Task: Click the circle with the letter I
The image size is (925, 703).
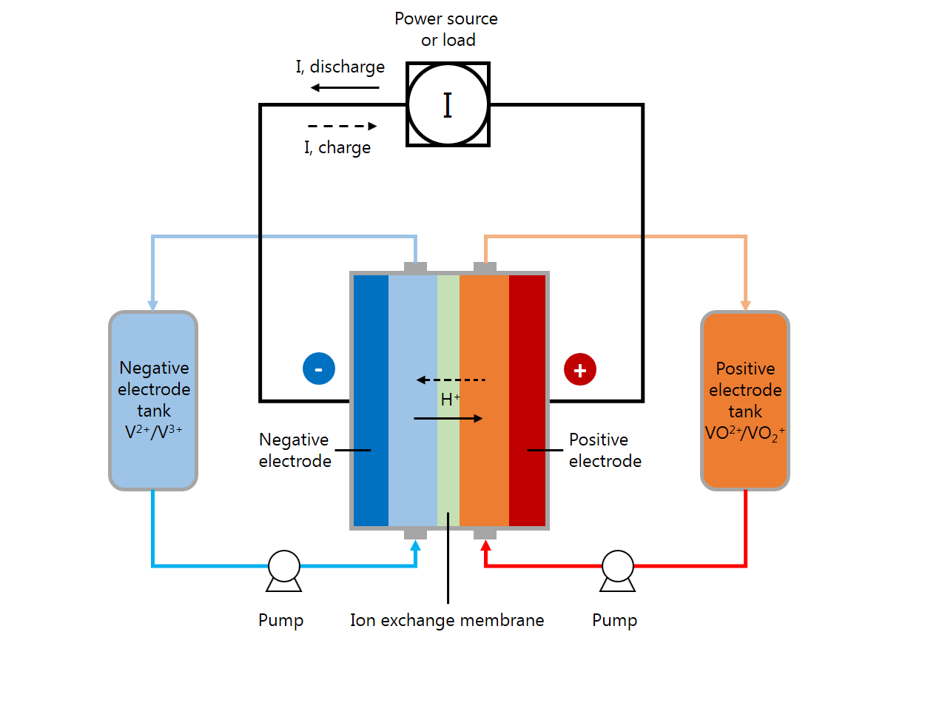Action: click(x=448, y=104)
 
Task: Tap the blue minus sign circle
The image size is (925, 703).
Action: click(x=318, y=369)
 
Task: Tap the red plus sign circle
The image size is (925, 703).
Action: click(x=580, y=370)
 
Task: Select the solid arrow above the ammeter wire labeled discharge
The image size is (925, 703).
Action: click(x=345, y=88)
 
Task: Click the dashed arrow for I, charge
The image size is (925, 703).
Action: click(x=342, y=127)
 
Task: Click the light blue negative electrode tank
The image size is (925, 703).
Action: click(x=153, y=400)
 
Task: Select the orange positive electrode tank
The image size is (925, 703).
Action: click(x=745, y=400)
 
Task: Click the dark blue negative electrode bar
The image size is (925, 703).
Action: click(x=371, y=400)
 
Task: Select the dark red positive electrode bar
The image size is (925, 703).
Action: click(x=527, y=400)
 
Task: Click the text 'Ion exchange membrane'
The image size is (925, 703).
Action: click(x=447, y=620)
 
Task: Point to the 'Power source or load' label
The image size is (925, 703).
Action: click(x=446, y=29)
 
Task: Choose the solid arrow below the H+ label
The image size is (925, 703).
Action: click(x=448, y=419)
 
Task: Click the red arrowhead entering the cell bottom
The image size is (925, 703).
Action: click(x=486, y=547)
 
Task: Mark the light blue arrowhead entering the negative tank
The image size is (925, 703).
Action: click(x=153, y=305)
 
